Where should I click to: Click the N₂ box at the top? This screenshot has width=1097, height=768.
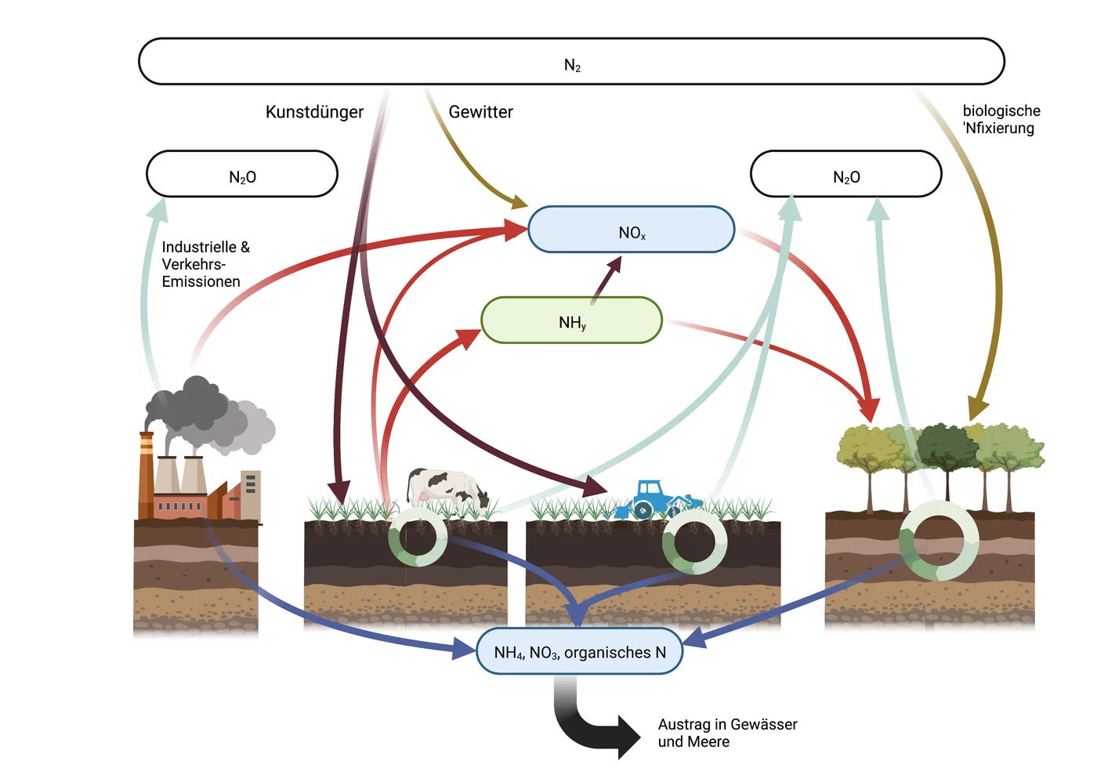[571, 62]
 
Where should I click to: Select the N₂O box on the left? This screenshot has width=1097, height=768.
[242, 174]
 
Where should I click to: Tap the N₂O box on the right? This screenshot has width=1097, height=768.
[845, 174]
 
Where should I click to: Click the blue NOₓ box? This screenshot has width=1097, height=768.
[632, 229]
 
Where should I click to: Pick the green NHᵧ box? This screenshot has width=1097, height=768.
[571, 320]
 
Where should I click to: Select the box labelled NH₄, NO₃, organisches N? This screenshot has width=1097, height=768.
[579, 651]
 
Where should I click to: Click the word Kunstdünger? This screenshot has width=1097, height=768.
[314, 112]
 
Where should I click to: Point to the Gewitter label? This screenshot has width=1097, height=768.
[480, 112]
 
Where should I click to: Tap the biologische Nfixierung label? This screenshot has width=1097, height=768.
[1001, 119]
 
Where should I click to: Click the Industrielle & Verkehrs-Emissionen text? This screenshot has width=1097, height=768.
[205, 264]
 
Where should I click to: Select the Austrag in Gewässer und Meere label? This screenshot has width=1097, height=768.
[727, 733]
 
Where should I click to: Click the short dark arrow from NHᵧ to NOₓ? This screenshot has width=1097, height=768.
[606, 281]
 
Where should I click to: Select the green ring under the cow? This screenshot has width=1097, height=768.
[417, 537]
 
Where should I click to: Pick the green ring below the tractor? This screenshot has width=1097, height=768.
[694, 542]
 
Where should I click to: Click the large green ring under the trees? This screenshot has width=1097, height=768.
[939, 540]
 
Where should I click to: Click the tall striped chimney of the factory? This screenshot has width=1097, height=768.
[146, 475]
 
